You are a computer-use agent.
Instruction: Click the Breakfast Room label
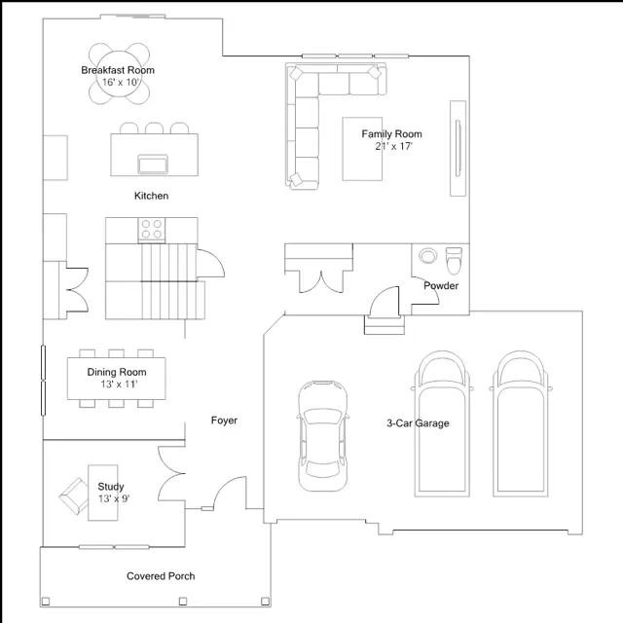[118, 70]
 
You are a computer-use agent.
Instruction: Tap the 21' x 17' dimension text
[393, 146]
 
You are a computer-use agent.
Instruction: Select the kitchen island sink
[153, 165]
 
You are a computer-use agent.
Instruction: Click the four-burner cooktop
[152, 230]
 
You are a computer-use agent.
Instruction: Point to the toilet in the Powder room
[454, 260]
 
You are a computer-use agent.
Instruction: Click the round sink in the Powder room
[427, 255]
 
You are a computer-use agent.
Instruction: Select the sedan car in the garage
[322, 436]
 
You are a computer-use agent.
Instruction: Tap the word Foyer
[224, 421]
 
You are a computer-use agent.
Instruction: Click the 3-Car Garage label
[418, 423]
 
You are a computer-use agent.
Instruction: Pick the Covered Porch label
[161, 576]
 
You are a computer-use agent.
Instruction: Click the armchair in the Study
[74, 495]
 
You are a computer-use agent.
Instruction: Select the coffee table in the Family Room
[362, 149]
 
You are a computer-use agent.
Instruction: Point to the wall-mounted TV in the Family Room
[458, 148]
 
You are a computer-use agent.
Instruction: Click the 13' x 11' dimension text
[119, 385]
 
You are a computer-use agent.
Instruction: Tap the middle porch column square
[183, 602]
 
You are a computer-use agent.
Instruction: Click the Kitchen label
[152, 196]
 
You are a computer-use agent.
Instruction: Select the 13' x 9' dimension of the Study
[114, 498]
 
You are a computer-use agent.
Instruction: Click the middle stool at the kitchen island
[154, 128]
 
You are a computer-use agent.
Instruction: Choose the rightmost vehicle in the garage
[521, 423]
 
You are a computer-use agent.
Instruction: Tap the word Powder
[441, 285]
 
